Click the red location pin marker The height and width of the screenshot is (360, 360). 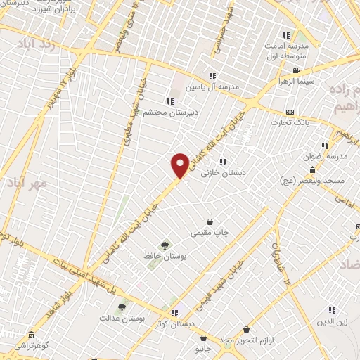[x=180, y=165]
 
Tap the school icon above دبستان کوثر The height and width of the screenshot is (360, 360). [x=174, y=313]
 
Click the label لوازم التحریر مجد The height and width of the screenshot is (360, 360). [x=243, y=340]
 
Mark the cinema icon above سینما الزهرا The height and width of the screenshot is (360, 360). [x=297, y=70]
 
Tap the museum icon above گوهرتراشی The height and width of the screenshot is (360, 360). [x=30, y=335]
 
